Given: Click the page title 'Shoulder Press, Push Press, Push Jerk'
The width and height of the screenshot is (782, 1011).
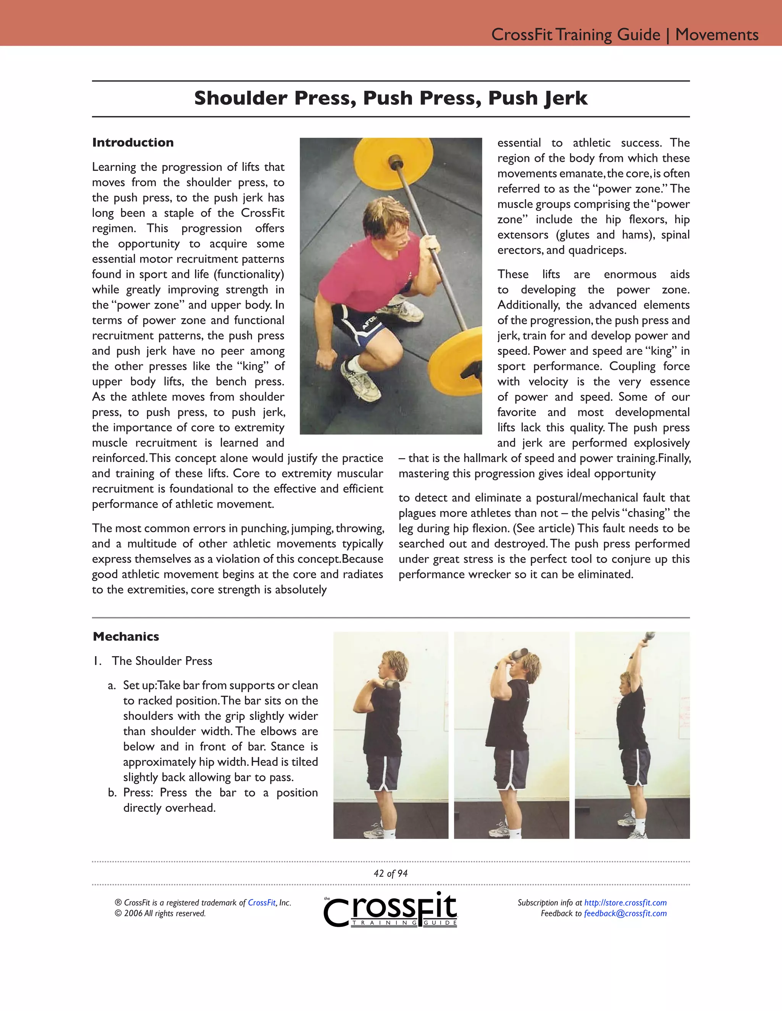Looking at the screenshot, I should (391, 98).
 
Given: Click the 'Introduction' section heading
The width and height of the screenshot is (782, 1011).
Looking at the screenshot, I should (133, 143).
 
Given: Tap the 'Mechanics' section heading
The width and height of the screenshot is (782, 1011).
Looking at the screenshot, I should (126, 636).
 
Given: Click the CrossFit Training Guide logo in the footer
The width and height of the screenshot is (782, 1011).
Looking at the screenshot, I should (391, 910).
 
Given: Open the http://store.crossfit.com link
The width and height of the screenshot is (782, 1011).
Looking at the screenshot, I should (625, 903).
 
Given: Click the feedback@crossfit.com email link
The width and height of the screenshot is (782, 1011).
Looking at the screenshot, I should (625, 914).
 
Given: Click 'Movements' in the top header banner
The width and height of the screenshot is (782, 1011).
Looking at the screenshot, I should (717, 35).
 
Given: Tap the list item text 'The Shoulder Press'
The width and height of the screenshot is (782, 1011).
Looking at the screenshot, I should (162, 661).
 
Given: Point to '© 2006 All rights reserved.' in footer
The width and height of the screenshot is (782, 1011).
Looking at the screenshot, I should (160, 914).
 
